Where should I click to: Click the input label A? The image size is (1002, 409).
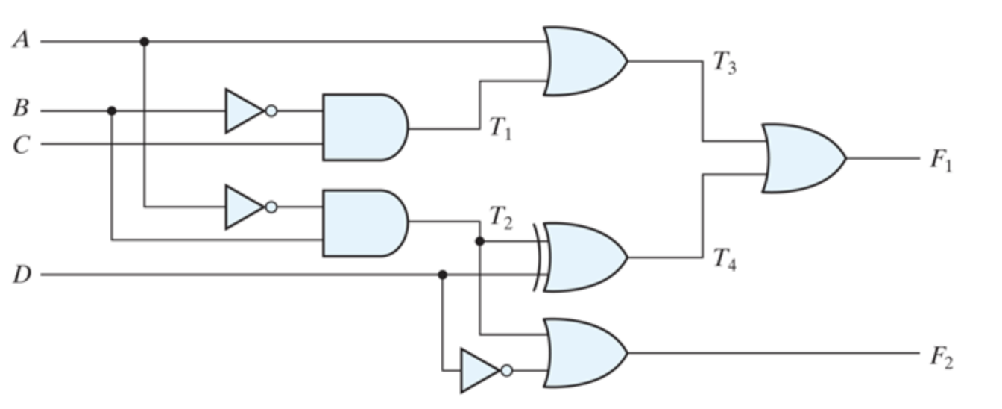[x=21, y=40]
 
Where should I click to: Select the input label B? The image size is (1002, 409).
[x=21, y=109]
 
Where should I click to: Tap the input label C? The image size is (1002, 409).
[x=21, y=144]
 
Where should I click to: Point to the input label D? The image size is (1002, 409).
[x=21, y=275]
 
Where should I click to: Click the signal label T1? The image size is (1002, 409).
[x=500, y=129]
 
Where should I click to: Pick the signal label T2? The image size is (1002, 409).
[x=500, y=217]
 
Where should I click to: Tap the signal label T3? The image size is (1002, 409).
[x=724, y=63]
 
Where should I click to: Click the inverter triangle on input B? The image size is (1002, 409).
[x=243, y=111]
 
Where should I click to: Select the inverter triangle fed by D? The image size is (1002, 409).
[x=478, y=370]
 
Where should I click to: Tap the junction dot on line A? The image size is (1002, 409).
[x=144, y=42]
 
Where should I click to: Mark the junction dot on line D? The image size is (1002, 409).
[x=442, y=275]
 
